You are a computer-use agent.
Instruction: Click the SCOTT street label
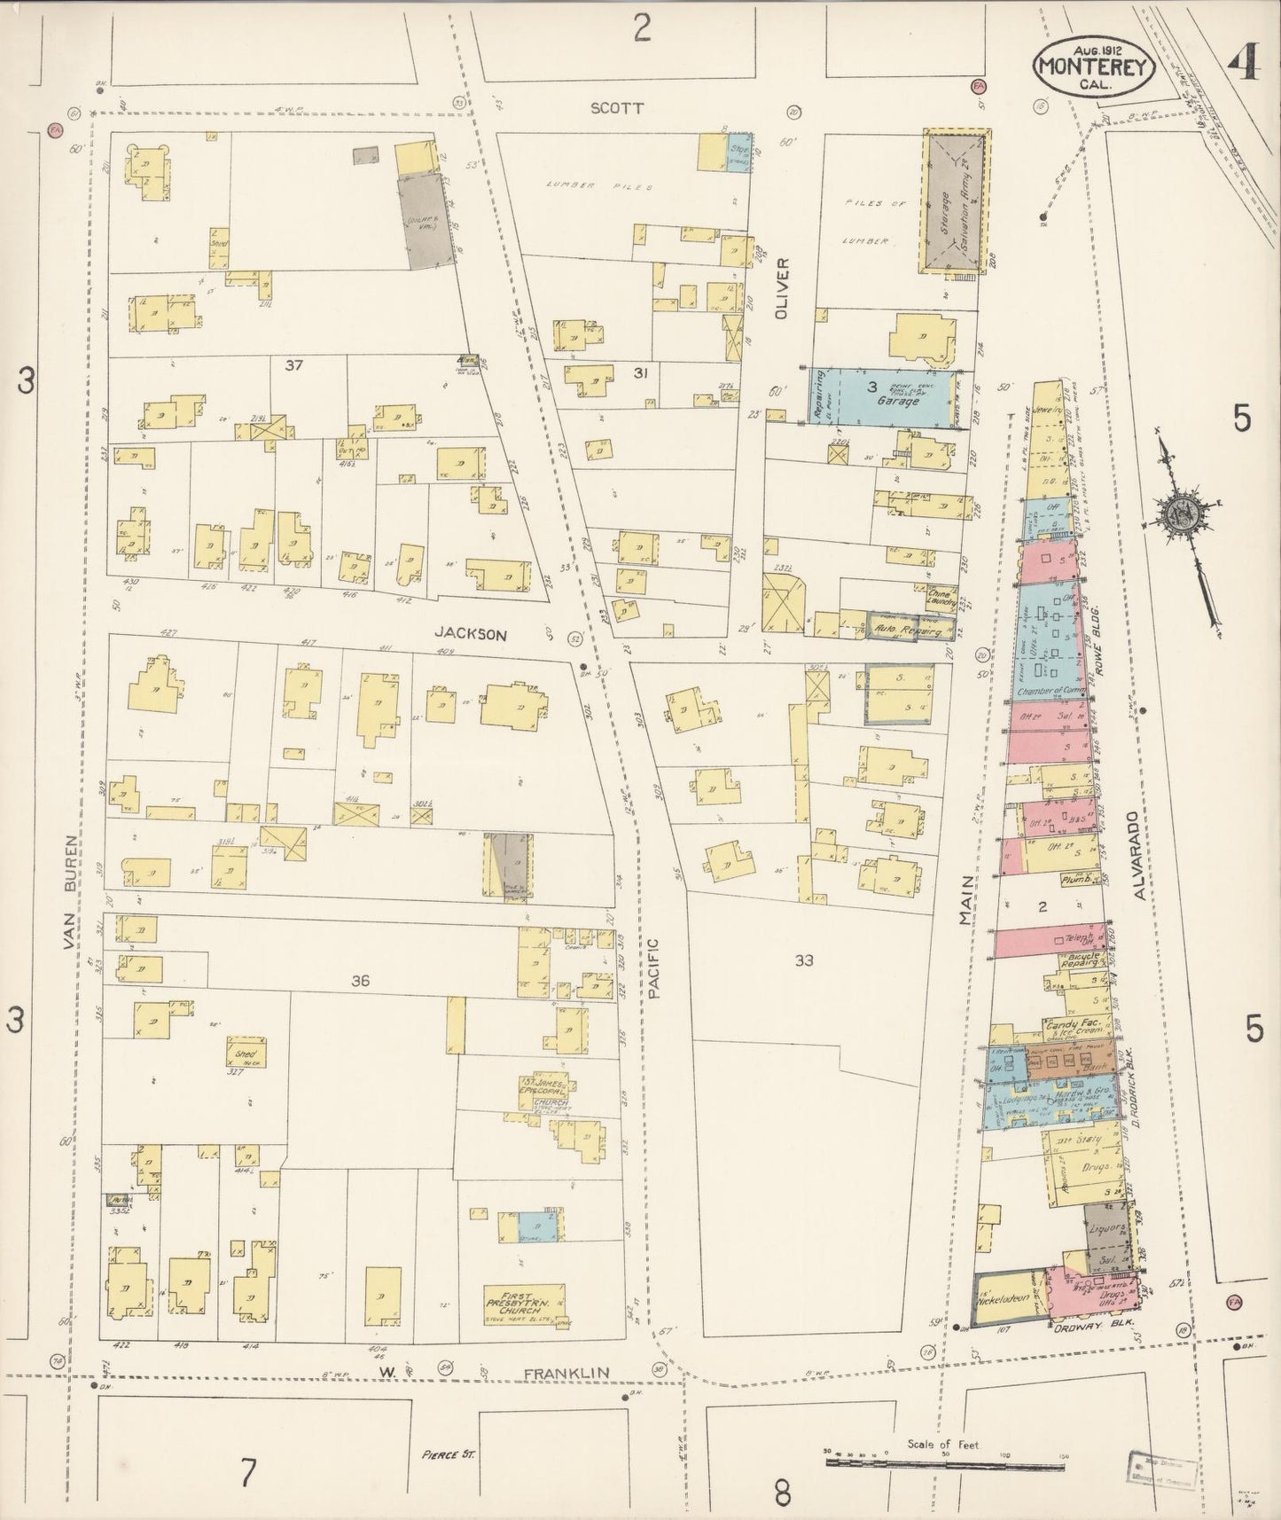point(617,108)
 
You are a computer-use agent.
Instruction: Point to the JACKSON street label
point(471,634)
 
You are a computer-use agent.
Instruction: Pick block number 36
point(360,981)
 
